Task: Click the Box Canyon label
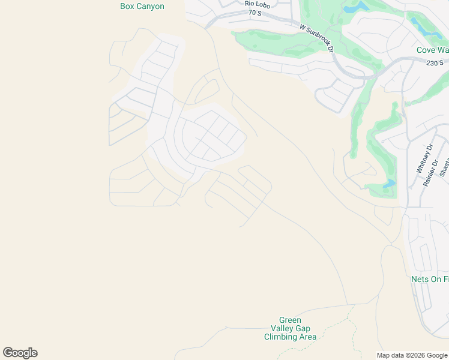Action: tap(142, 7)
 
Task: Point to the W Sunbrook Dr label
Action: tap(316, 38)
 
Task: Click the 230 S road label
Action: tap(435, 63)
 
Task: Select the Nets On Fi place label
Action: tap(429, 279)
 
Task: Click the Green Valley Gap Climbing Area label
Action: tap(290, 328)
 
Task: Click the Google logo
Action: tap(20, 353)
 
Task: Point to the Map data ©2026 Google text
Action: tap(412, 355)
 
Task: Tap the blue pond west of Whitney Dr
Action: tap(390, 183)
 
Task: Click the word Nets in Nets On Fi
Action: tap(420, 279)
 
